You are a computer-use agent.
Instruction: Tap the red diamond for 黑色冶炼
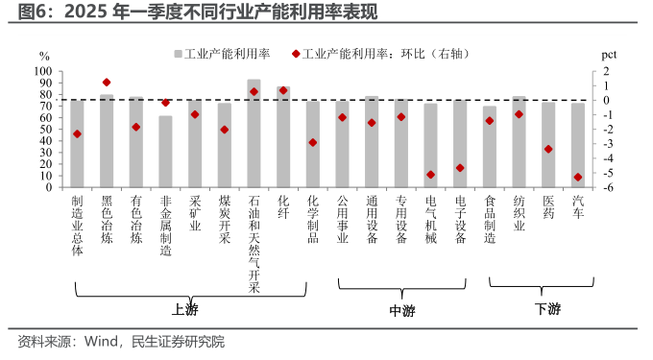click(x=107, y=83)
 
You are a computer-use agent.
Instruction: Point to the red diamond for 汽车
click(x=577, y=178)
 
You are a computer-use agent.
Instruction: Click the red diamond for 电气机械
click(x=430, y=175)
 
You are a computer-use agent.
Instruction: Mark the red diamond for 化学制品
click(x=313, y=142)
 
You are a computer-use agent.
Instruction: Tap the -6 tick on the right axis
click(x=606, y=187)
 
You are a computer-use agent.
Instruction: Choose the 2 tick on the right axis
click(x=606, y=71)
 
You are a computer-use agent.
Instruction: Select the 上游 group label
click(x=185, y=309)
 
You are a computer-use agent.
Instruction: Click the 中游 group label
click(x=402, y=309)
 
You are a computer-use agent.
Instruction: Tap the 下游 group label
click(x=547, y=309)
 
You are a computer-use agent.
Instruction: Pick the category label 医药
click(x=548, y=206)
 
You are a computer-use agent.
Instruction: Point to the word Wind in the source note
click(x=103, y=341)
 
